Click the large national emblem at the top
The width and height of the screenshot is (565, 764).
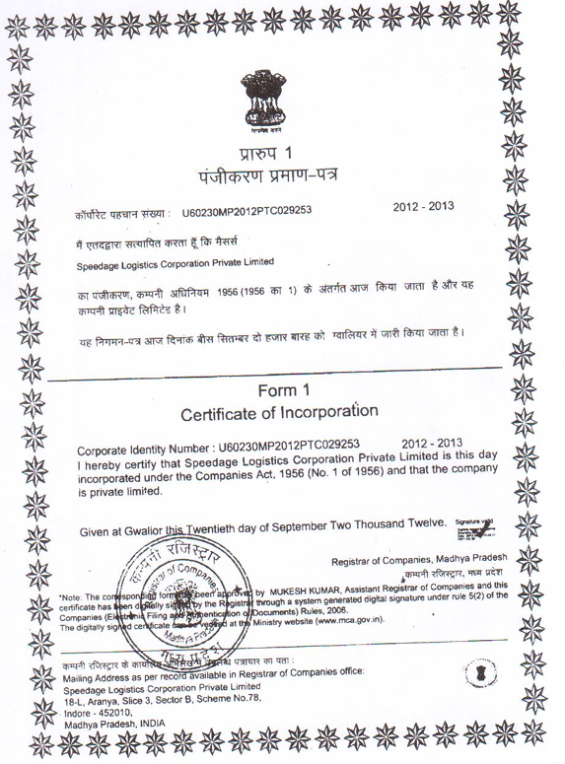[268, 99]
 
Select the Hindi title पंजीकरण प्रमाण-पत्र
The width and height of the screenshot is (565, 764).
[267, 179]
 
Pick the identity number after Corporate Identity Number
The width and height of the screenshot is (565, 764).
[282, 443]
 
